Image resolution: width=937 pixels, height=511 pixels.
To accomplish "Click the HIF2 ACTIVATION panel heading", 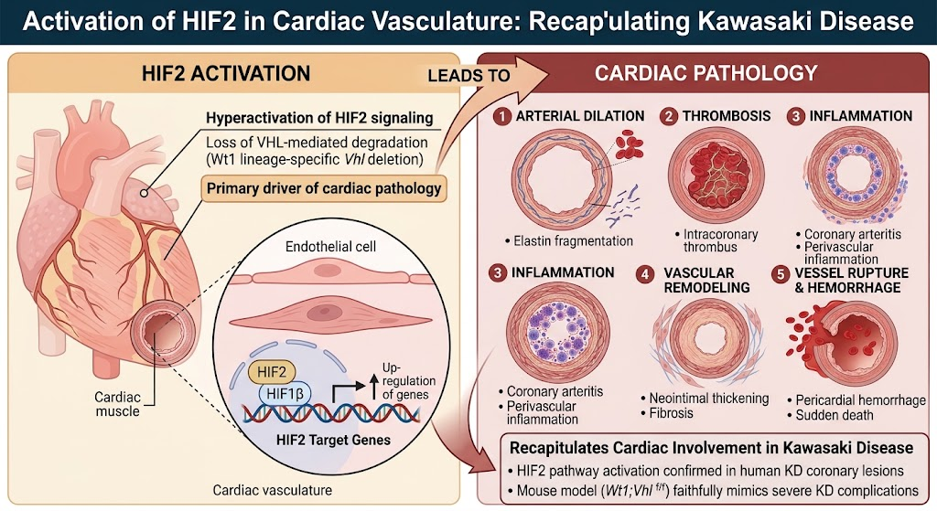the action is (x=226, y=73).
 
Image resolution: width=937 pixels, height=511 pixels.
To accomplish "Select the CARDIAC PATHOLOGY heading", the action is (x=705, y=73).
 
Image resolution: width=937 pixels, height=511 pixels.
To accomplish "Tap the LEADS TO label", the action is (x=469, y=76).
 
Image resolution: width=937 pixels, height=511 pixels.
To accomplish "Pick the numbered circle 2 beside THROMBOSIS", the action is (x=669, y=116).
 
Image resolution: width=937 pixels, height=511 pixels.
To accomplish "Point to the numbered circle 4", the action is (x=645, y=274).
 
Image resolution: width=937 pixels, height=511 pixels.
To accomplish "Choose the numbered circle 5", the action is (x=781, y=274).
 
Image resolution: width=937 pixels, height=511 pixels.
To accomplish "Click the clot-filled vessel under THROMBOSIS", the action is (x=716, y=175).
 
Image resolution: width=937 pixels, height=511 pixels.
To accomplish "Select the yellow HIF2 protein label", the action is (x=271, y=372).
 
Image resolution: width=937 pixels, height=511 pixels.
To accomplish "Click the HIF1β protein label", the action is (x=285, y=393).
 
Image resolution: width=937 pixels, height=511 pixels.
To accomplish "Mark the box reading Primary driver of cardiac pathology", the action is (x=324, y=188).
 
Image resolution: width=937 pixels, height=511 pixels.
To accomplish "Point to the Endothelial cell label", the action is (x=330, y=247).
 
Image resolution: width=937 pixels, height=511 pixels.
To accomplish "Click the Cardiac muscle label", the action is (x=118, y=404).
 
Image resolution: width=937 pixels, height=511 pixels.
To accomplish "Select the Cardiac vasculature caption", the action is (x=273, y=490).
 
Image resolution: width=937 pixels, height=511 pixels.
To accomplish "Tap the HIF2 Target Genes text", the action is (x=333, y=441).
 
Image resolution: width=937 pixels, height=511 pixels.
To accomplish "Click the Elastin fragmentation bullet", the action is (x=568, y=241).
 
